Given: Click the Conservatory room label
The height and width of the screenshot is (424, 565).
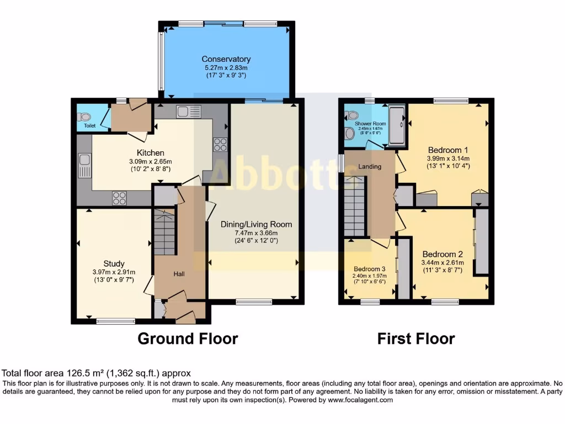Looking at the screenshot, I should [226, 59].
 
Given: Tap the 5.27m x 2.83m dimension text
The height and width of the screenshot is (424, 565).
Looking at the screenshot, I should [226, 67].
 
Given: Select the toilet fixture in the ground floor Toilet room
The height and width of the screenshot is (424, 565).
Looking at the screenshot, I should [84, 116].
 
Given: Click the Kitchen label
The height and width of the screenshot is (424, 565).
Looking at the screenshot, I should [151, 153].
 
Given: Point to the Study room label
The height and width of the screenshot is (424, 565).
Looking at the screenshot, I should [114, 263].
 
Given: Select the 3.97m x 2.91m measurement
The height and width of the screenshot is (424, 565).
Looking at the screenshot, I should [114, 272].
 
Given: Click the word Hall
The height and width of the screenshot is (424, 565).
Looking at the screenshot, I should [180, 274].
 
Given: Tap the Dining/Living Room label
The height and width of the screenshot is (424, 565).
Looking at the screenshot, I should [256, 224].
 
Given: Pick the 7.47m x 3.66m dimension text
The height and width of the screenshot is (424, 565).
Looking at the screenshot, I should [256, 233].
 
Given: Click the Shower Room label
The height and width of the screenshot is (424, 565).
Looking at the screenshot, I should [370, 124].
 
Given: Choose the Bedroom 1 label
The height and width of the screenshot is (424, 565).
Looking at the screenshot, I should [448, 150].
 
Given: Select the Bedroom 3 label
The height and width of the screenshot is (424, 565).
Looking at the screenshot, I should [369, 269].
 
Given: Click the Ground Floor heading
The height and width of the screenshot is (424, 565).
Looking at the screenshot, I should [188, 338].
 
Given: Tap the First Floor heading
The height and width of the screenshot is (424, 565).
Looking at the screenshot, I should [416, 338].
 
